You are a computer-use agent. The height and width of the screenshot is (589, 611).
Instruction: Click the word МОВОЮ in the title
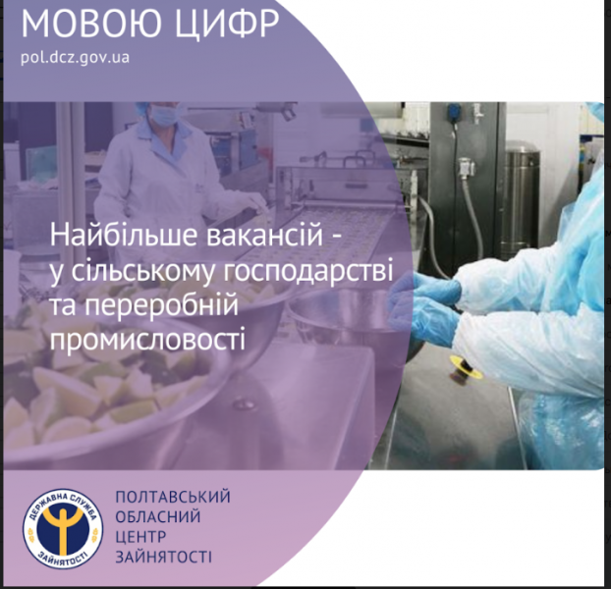point(90,23)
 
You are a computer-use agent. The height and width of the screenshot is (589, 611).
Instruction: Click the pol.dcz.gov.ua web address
point(75,57)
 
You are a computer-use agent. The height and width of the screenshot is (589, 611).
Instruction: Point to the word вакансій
point(264,236)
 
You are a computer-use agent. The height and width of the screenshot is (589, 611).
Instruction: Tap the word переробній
point(161,305)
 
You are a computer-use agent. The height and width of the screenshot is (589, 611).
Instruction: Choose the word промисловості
point(147,337)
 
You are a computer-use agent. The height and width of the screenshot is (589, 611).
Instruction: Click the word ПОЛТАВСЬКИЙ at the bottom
point(173,497)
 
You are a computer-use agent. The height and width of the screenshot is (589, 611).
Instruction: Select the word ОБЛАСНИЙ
point(158,517)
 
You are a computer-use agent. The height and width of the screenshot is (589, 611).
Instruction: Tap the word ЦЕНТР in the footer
point(141,537)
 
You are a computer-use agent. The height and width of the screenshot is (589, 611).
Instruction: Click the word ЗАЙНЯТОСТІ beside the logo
point(164,557)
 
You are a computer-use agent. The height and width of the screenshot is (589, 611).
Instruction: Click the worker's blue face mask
point(164,113)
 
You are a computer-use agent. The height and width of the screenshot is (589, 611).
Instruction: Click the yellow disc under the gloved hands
point(466,366)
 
